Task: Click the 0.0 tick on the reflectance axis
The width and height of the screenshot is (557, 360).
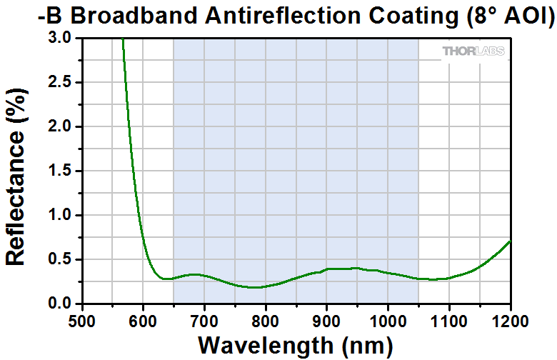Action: (x=61, y=304)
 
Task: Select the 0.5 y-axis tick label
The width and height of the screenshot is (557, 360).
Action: (x=61, y=260)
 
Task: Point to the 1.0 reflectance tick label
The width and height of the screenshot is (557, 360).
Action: (x=61, y=216)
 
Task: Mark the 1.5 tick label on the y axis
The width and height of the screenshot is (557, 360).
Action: (x=61, y=171)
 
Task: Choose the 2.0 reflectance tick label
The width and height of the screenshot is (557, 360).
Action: (x=61, y=127)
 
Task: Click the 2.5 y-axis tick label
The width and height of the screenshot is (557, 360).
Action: (x=61, y=83)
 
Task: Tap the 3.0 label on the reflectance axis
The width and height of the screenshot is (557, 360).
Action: (x=61, y=39)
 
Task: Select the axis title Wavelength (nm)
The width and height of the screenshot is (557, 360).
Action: (x=296, y=345)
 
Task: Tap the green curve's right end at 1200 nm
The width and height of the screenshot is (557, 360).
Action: (x=510, y=241)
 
